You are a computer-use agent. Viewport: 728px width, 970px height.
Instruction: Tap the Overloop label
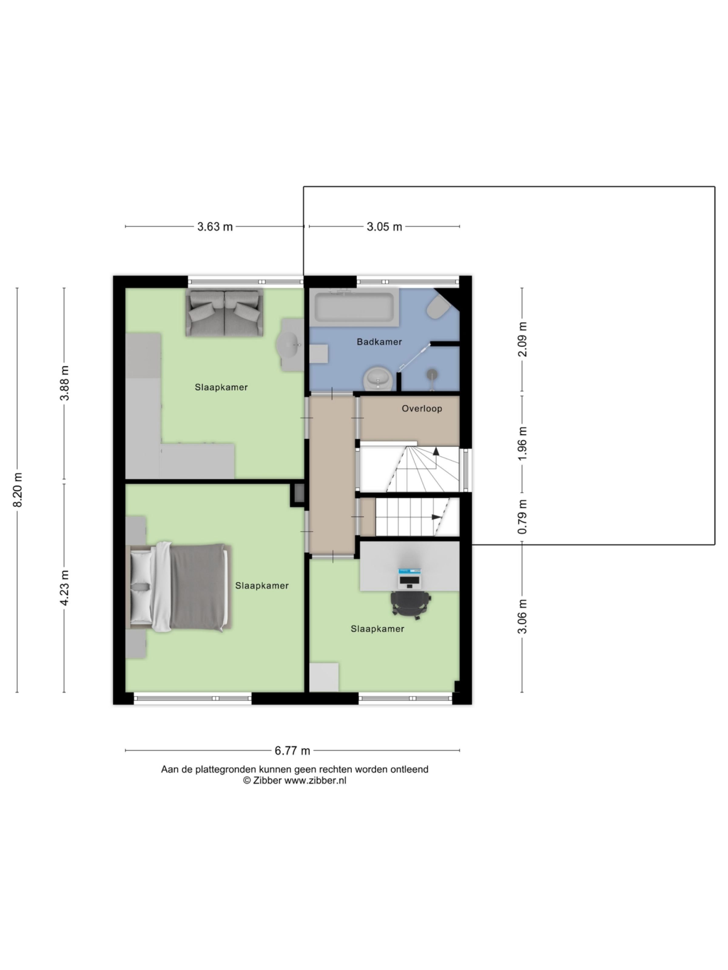pyautogui.click(x=422, y=408)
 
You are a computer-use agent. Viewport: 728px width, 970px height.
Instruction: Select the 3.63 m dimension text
pyautogui.click(x=214, y=227)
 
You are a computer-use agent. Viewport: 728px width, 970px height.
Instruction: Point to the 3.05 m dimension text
pyautogui.click(x=384, y=227)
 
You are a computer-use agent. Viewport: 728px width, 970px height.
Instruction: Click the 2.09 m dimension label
pyautogui.click(x=522, y=339)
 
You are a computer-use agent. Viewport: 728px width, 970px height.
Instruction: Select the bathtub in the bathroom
pyautogui.click(x=354, y=307)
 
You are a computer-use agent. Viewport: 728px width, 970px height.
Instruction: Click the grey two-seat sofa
pyautogui.click(x=224, y=313)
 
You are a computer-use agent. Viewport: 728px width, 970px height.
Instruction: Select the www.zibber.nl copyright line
pyautogui.click(x=295, y=781)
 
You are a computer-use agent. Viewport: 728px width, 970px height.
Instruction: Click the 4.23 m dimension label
pyautogui.click(x=65, y=588)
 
